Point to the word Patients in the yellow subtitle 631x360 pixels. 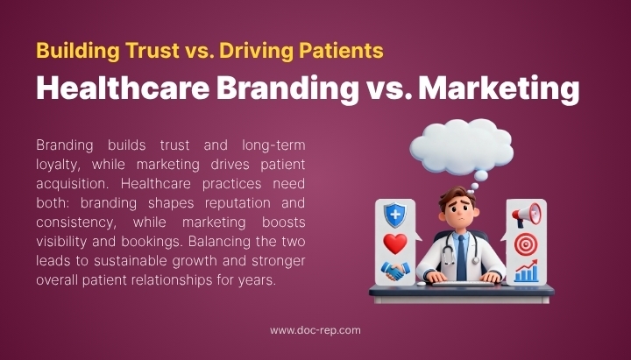tap(337, 51)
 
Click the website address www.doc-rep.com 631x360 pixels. tap(315, 330)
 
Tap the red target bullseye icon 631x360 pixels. tap(527, 244)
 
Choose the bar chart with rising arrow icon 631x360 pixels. tap(527, 272)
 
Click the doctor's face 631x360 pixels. tap(460, 210)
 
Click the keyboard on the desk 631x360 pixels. tap(460, 284)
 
